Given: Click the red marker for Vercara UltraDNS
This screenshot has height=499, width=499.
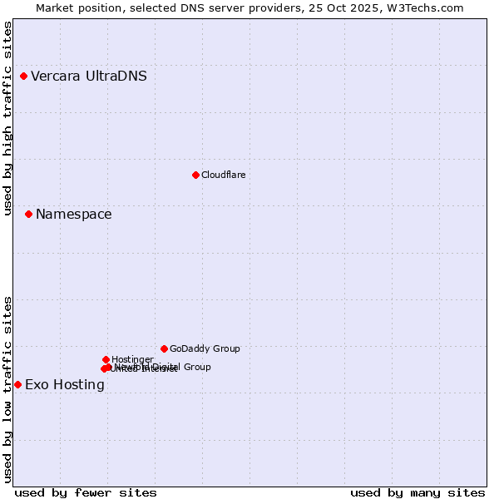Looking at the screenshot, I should (24, 77).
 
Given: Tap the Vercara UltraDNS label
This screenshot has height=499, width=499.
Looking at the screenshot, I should (89, 77).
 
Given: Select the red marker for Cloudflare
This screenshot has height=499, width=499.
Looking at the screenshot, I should (195, 175).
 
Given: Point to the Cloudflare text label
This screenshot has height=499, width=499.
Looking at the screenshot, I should (223, 175).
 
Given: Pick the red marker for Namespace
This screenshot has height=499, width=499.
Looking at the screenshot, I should (28, 215).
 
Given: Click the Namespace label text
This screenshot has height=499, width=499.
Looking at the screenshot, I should (73, 215).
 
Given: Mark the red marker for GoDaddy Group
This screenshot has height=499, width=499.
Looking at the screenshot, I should (164, 348).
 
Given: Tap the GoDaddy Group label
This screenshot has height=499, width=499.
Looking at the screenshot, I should (205, 349).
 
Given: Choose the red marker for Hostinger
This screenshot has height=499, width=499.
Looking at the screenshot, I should (106, 359).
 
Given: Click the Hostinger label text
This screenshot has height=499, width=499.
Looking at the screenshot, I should (132, 360).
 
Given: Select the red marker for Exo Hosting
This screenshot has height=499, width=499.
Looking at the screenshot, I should (17, 384).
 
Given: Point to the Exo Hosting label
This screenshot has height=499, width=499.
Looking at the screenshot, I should (65, 385).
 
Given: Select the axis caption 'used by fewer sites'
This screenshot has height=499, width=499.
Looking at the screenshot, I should (86, 492).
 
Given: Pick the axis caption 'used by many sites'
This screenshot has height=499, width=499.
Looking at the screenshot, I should (417, 492).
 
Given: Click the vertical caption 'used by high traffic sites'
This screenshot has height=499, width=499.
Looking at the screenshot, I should (7, 118).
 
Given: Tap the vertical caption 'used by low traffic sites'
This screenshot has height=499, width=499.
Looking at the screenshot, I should (7, 389).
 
